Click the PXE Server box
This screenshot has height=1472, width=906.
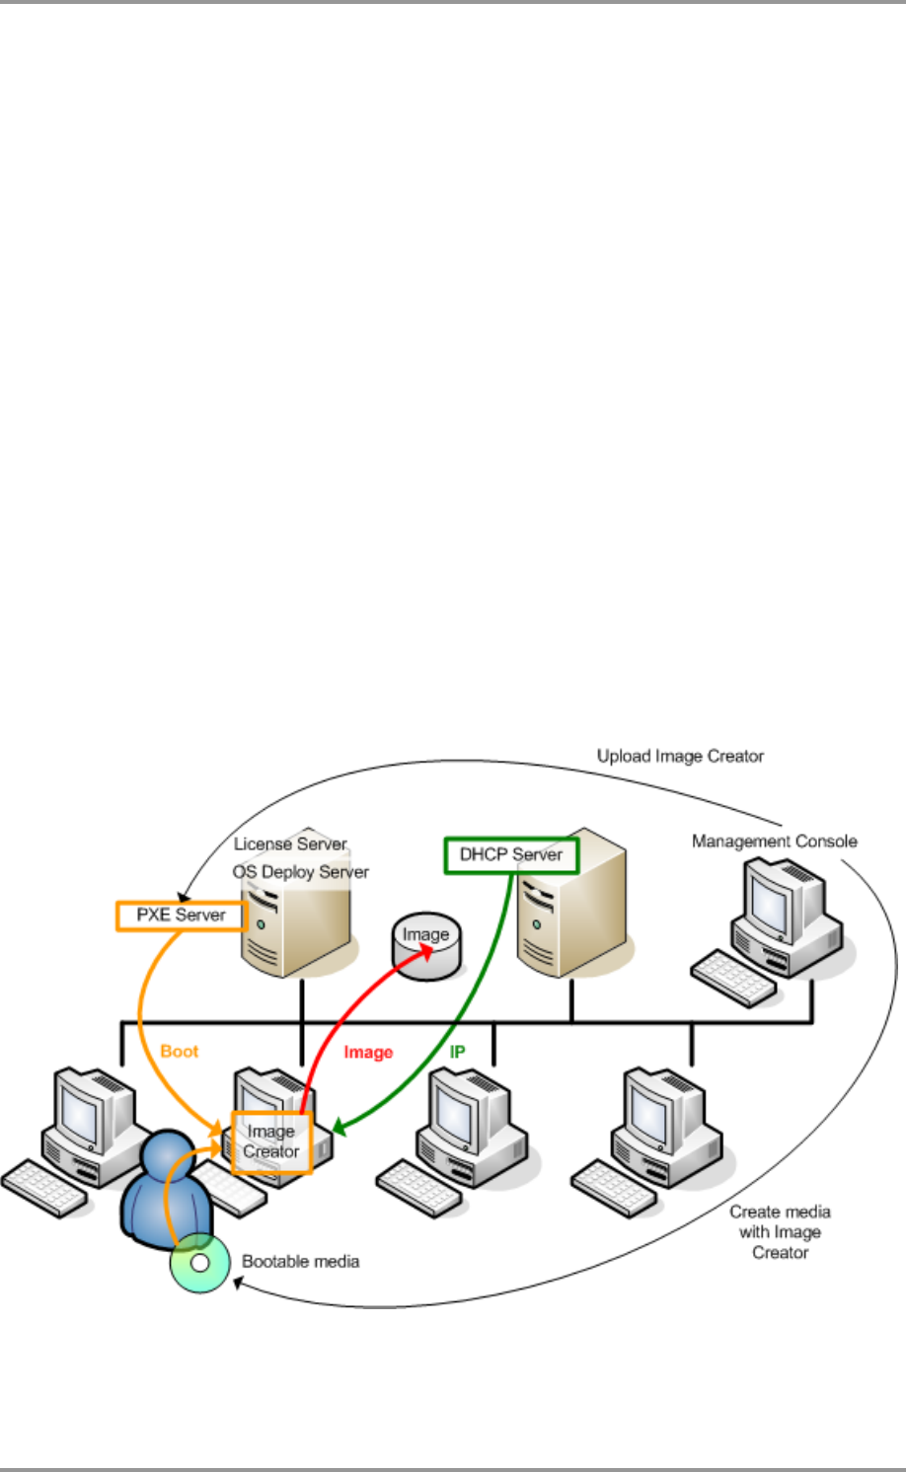(x=181, y=916)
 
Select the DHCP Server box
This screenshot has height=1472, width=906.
(x=510, y=855)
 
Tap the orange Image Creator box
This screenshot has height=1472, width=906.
(x=271, y=1141)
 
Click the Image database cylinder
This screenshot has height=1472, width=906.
(x=425, y=948)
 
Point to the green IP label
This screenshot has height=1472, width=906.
(x=457, y=1052)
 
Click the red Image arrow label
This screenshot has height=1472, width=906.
(x=368, y=1053)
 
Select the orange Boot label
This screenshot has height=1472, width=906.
(x=179, y=1052)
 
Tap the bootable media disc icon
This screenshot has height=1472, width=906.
(x=199, y=1263)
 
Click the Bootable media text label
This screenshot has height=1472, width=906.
(x=300, y=1262)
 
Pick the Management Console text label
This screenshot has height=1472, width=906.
(x=774, y=842)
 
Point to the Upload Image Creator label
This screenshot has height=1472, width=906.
(x=680, y=757)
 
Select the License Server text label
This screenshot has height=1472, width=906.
(x=290, y=845)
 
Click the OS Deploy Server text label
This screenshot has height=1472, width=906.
(x=300, y=872)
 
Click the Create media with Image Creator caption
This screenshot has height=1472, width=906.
(x=780, y=1232)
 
